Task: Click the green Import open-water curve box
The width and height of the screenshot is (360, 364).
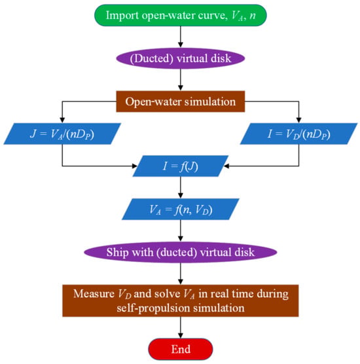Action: tap(181, 15)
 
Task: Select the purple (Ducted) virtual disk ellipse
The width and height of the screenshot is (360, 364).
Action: tap(181, 58)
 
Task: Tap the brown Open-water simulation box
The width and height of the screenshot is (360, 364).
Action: tap(181, 101)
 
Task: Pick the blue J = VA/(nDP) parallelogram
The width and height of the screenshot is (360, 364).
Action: tap(62, 134)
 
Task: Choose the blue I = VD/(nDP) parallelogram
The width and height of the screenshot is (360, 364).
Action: tap(298, 134)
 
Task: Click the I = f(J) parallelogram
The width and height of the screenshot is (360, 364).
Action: tap(181, 166)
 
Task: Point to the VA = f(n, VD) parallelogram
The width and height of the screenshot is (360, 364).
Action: tap(181, 209)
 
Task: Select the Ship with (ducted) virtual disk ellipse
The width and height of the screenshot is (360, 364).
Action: tap(181, 252)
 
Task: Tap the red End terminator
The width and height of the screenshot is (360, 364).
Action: tap(181, 349)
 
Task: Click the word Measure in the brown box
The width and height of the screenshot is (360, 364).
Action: tap(94, 294)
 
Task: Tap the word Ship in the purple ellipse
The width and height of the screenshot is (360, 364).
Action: tap(117, 253)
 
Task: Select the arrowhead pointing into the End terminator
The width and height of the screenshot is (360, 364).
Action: tap(181, 335)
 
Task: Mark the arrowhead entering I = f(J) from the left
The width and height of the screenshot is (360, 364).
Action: tap(135, 166)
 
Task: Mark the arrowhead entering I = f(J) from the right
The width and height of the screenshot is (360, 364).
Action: tap(226, 166)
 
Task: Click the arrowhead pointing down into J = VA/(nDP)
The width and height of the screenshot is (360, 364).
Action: tap(62, 120)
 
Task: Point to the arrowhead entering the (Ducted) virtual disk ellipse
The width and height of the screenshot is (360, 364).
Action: tap(181, 45)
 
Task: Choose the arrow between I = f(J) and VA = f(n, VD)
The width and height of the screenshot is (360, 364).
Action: tap(181, 188)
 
